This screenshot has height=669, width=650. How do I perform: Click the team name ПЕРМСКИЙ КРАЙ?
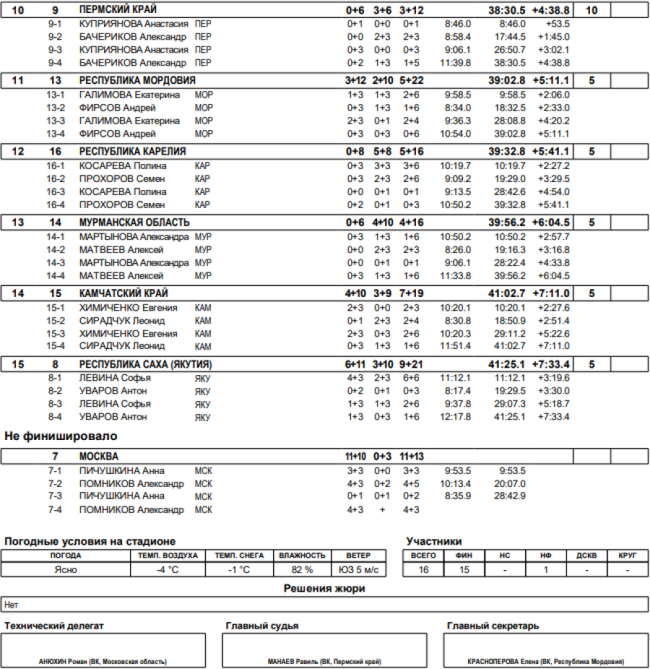tap(118, 10)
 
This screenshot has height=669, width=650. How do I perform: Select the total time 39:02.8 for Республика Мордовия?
tap(506, 81)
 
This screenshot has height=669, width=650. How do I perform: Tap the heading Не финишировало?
tap(61, 436)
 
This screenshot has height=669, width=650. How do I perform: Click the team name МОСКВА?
tap(99, 457)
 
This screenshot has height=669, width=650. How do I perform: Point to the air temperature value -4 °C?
tap(168, 569)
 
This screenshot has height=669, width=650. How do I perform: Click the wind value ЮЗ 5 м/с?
tap(359, 569)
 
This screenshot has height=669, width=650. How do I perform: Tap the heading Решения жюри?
tap(324, 589)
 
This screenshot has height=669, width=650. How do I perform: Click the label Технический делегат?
tap(54, 626)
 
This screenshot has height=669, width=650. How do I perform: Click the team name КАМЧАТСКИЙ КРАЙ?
tap(123, 293)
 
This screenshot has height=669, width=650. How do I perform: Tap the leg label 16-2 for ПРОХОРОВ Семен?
tap(56, 178)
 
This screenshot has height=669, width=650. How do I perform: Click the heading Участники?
tap(434, 541)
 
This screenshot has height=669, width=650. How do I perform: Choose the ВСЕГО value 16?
tap(423, 569)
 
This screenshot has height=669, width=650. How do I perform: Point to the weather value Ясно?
tap(66, 569)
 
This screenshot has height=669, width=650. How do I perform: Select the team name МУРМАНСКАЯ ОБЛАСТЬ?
tap(134, 223)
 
